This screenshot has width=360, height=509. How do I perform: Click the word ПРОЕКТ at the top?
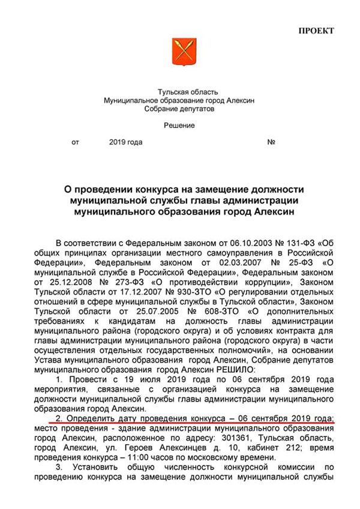point(316,31)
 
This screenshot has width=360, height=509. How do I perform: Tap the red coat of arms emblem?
point(180,53)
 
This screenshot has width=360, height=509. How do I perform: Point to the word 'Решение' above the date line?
point(179,125)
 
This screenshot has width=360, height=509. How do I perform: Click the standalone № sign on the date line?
point(271,143)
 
